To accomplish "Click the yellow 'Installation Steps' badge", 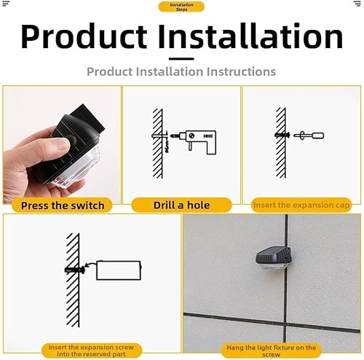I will tap(181, 7).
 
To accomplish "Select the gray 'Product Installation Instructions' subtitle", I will tap(181, 71).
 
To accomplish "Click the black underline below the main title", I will tap(181, 59).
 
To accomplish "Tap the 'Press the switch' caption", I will tap(62, 206).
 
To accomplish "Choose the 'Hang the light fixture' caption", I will tap(272, 350).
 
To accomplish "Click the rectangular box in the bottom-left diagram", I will tap(119, 270).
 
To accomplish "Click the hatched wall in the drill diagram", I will tap(157, 143).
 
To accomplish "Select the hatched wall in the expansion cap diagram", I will tap(280, 143).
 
